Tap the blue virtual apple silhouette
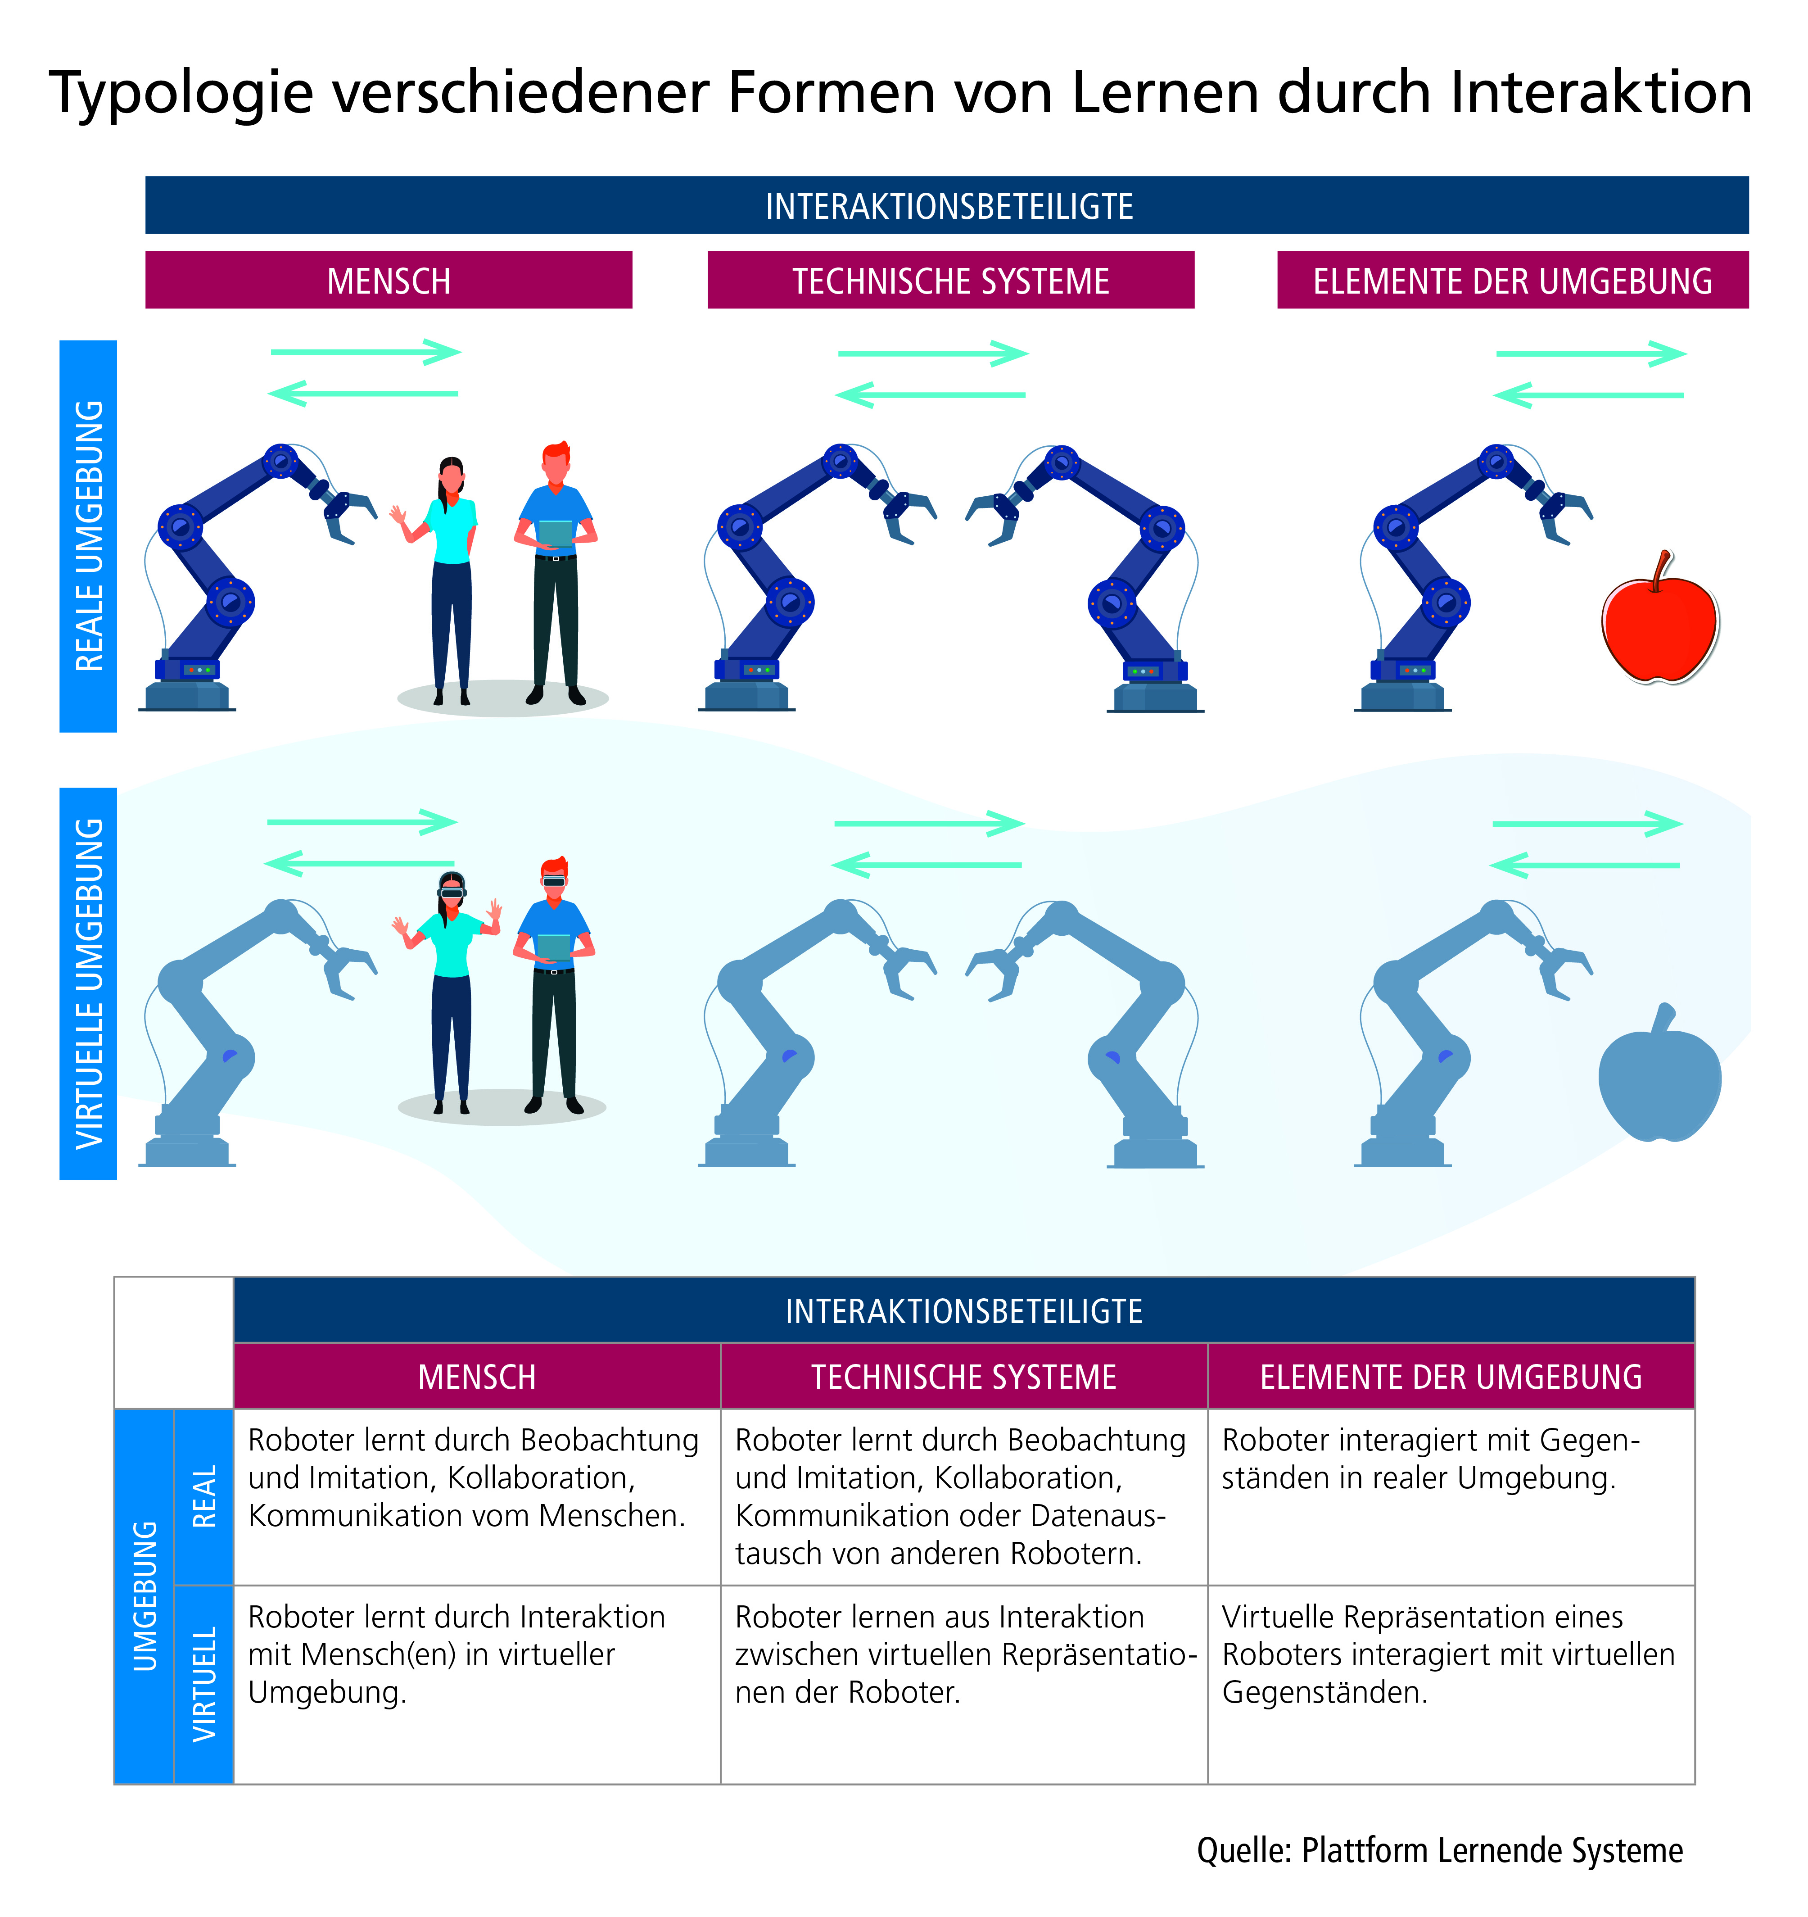pyautogui.click(x=1659, y=1085)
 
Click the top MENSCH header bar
pyautogui.click(x=389, y=281)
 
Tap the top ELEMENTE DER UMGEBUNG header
pyautogui.click(x=1512, y=281)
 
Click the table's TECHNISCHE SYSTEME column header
pyautogui.click(x=963, y=1376)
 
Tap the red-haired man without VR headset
pyautogui.click(x=556, y=569)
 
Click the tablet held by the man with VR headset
pyautogui.click(x=553, y=947)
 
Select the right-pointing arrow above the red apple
pyautogui.click(x=1591, y=354)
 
